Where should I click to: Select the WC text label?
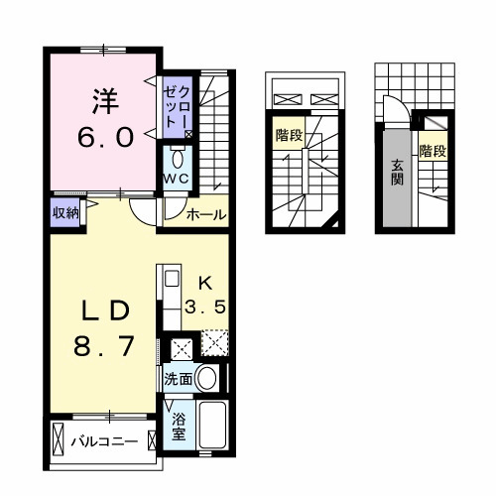pyautogui.click(x=179, y=178)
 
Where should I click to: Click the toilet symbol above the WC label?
pyautogui.click(x=178, y=158)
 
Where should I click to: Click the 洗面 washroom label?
pyautogui.click(x=179, y=378)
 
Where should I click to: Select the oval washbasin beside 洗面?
pyautogui.click(x=207, y=378)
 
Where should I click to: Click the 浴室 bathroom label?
pyautogui.click(x=179, y=428)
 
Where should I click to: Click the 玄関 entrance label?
pyautogui.click(x=396, y=174)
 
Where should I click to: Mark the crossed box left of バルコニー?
pyautogui.click(x=59, y=437)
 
